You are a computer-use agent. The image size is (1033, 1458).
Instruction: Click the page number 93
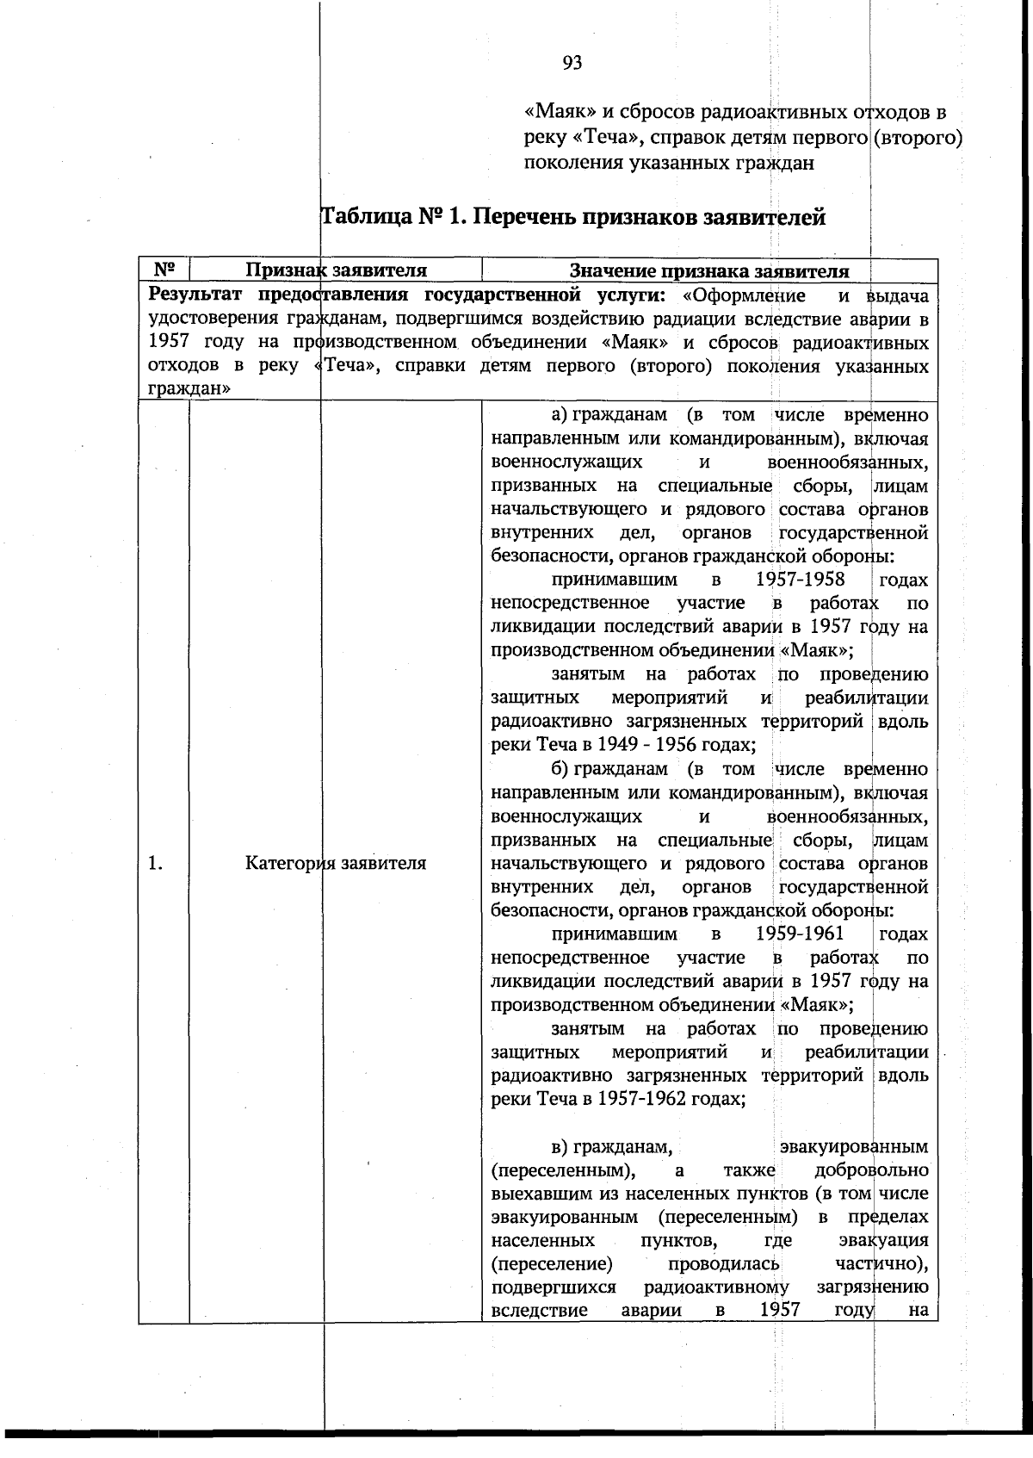[572, 63]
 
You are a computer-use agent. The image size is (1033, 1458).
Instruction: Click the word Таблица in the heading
[367, 217]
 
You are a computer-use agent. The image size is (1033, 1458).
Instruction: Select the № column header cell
[164, 270]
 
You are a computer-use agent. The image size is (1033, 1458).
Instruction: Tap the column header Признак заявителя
[337, 270]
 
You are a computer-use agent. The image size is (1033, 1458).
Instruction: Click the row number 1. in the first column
[156, 863]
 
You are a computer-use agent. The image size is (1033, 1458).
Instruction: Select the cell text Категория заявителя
[336, 863]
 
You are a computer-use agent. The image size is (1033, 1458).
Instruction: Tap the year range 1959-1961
[801, 934]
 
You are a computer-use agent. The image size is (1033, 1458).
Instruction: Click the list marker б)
[560, 768]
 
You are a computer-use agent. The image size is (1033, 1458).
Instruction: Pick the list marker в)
[560, 1146]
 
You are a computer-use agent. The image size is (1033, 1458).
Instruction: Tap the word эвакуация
[882, 1241]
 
